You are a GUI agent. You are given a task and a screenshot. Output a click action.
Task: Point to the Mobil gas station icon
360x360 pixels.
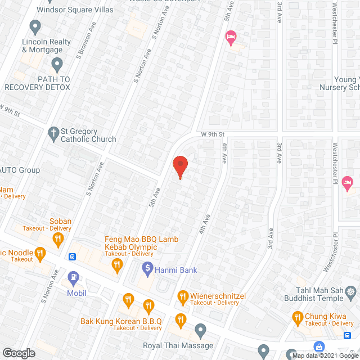click(x=74, y=277)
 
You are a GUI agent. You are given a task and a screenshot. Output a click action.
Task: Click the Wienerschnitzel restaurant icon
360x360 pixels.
click(x=182, y=295)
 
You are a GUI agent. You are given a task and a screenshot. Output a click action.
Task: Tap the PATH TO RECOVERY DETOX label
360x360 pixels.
click(x=38, y=83)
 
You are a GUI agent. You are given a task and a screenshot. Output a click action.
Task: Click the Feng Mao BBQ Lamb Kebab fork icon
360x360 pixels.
click(x=118, y=265)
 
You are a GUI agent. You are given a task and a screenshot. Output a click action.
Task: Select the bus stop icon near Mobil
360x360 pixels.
click(x=73, y=257)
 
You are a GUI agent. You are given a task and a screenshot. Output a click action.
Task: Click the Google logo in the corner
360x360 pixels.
click(x=19, y=353)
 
